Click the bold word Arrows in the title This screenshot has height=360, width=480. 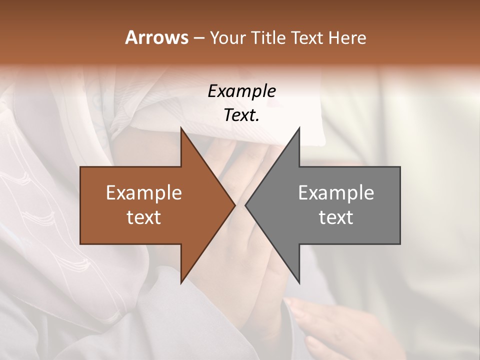(x=156, y=37)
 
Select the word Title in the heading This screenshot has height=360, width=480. (x=268, y=38)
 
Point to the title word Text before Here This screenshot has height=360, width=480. (x=308, y=38)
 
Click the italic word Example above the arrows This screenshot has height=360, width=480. (x=241, y=91)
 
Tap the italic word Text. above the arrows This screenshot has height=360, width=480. (x=241, y=115)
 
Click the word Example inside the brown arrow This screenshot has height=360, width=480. (x=144, y=192)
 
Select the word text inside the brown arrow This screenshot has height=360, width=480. (x=144, y=217)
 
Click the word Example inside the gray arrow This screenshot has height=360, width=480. (x=336, y=192)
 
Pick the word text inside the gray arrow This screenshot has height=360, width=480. (x=336, y=217)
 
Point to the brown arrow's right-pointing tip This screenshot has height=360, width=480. (x=234, y=205)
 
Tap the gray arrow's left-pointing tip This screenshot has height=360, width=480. (x=246, y=205)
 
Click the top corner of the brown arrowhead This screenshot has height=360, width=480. (x=181, y=128)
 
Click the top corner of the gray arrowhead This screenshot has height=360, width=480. (x=299, y=128)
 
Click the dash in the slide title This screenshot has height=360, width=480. (x=198, y=38)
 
